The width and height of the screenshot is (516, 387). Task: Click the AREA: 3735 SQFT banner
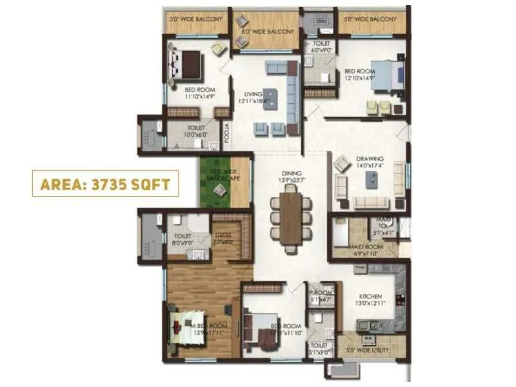pyautogui.click(x=105, y=184)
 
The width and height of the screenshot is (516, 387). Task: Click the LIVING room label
pyautogui.click(x=248, y=97)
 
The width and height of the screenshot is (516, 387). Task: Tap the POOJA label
pyautogui.click(x=226, y=132)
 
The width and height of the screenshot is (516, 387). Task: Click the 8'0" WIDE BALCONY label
pyautogui.click(x=268, y=31)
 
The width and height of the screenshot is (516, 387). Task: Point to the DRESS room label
pyautogui.click(x=223, y=239)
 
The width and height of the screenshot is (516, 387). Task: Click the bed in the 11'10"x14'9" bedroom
pyautogui.click(x=186, y=64)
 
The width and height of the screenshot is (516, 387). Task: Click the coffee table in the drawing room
pyautogui.click(x=372, y=181)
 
